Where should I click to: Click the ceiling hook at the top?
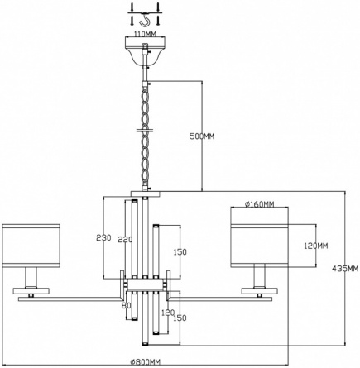144,20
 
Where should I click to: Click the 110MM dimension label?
145,34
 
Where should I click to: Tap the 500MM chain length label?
202,136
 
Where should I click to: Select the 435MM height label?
345,268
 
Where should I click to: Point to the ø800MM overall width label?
145,362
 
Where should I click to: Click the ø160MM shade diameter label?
259,204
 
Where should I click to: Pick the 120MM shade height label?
316,246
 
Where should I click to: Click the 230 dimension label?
103,237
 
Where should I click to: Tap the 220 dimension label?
125,239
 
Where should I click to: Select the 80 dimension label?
127,305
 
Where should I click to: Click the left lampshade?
31,246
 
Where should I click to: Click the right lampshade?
259,246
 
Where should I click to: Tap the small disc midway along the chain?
144,130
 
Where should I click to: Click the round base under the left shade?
31,291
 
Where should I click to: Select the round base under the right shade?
260,291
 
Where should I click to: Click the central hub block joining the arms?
145,284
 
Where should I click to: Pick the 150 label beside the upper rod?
180,251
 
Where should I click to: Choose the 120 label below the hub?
168,313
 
